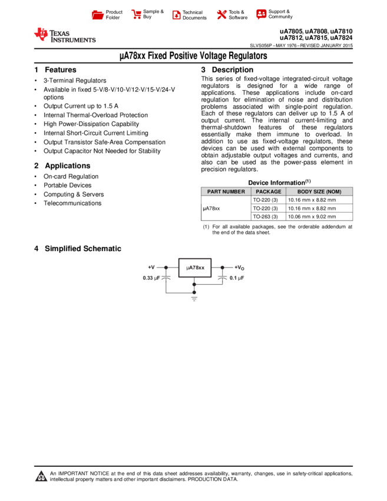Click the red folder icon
coord(98,15)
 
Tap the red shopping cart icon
coord(137,14)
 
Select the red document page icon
coord(176,15)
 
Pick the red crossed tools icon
coord(221,14)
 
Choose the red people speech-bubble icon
coord(261,14)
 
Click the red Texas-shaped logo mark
coord(41,34)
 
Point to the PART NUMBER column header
coord(226,192)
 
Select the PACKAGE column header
coord(269,192)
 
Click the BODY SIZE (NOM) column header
coord(319,192)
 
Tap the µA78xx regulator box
coord(195,268)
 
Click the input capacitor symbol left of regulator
coord(166,276)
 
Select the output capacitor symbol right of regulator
coord(223,276)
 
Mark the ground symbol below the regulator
coord(194,299)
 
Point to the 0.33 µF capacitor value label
coord(151,278)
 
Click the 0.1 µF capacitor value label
coord(237,278)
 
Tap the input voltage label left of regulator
coord(151,268)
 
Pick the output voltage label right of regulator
coord(239,268)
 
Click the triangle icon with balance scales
coord(41,476)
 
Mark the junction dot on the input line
coord(166,268)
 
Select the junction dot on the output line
coord(223,268)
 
